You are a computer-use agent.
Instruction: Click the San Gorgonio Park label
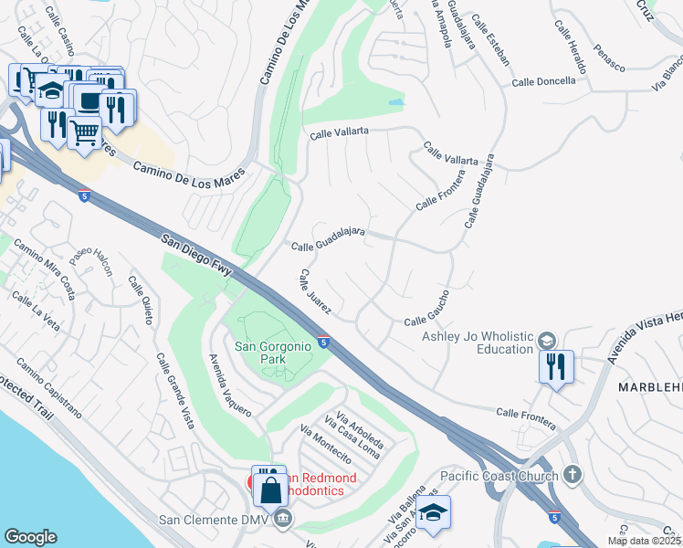[x=274, y=353]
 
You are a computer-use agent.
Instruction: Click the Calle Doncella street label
[x=543, y=81]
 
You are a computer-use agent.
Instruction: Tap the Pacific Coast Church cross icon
[x=572, y=474]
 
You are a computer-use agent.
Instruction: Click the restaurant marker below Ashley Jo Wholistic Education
[x=556, y=367]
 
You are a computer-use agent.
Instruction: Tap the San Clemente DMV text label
[x=215, y=521]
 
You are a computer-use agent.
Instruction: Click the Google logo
[x=30, y=537]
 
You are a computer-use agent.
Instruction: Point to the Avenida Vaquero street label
[x=229, y=385]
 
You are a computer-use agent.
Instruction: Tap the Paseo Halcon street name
[x=91, y=262]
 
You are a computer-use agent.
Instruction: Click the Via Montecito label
[x=326, y=444]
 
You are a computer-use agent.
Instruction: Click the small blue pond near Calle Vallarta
[x=395, y=102]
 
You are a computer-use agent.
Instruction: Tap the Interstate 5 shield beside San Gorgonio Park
[x=324, y=343]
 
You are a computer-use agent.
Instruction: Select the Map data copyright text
[x=643, y=541]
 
